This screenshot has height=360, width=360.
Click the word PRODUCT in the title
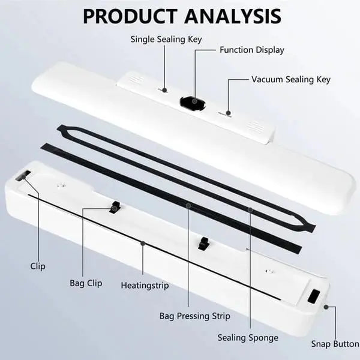click(x=130, y=16)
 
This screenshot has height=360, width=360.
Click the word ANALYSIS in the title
click(x=233, y=16)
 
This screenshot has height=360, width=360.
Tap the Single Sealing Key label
click(x=166, y=39)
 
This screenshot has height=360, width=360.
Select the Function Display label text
click(x=252, y=50)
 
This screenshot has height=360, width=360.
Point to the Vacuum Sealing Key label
click(x=291, y=79)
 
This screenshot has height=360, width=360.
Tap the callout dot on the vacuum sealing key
click(x=228, y=113)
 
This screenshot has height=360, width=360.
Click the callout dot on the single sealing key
click(x=164, y=90)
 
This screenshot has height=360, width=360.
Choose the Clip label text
click(x=38, y=266)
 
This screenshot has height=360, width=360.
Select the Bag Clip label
click(x=86, y=283)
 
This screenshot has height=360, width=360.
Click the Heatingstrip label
click(x=145, y=286)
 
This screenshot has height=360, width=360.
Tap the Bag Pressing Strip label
click(x=194, y=316)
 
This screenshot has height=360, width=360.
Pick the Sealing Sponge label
click(x=248, y=338)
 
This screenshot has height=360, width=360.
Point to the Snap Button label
click(x=335, y=344)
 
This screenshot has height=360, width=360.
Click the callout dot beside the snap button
click(x=326, y=307)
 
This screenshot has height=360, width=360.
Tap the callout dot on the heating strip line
click(x=143, y=243)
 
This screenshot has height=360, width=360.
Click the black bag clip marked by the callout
click(x=115, y=208)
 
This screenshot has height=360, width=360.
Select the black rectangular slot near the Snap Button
click(x=314, y=296)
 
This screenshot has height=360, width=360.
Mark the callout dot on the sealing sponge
click(x=250, y=209)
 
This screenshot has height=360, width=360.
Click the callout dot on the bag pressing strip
click(x=188, y=206)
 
